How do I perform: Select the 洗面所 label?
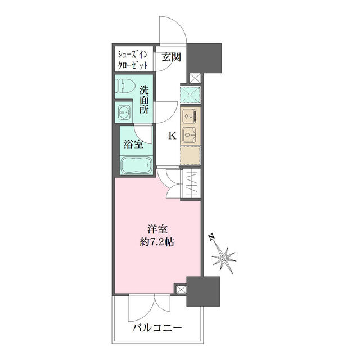pos(145,100)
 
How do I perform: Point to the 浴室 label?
pos(133,144)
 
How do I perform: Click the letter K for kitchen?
pos(172,135)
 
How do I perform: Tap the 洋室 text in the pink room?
pos(157,229)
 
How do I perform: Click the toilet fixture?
pos(126,86)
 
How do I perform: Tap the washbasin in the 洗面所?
pos(125,111)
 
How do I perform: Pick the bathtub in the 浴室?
pos(135,165)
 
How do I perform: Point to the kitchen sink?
pos(190,136)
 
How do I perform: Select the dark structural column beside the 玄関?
pos(205,56)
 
